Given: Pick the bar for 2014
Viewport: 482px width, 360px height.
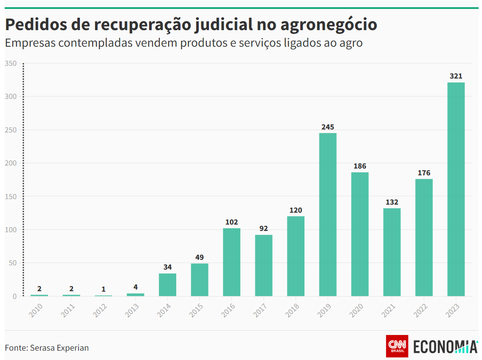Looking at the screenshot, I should click(x=167, y=285).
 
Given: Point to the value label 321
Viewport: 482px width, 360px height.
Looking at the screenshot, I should click(x=456, y=76).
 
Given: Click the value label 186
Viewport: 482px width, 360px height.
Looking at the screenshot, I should click(x=360, y=166).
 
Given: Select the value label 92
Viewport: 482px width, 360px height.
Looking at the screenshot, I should click(x=263, y=229).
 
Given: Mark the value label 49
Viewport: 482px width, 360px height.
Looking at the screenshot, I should click(x=199, y=258).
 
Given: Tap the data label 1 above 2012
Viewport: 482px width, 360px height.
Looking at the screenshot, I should click(x=103, y=289).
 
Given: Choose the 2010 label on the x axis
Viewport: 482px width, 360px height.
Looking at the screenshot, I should click(x=36, y=310).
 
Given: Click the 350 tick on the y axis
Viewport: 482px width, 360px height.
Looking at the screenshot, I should click(x=11, y=64).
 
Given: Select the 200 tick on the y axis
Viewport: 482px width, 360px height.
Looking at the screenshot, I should click(x=11, y=163).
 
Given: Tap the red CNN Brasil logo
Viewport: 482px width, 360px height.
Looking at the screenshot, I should click(x=397, y=346).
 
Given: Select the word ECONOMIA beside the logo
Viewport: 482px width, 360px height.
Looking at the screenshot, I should click(x=445, y=346).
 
